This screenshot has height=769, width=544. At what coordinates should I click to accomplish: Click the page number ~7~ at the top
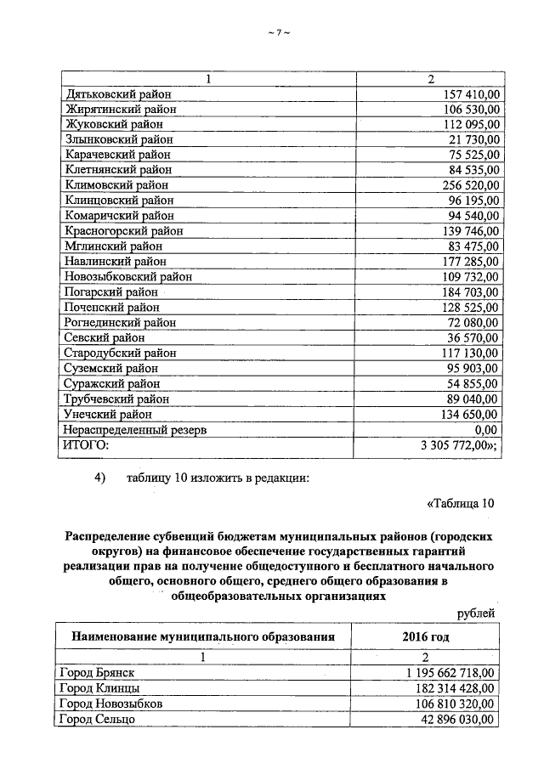[x=279, y=32]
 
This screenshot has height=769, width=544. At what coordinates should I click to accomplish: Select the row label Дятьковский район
[x=117, y=93]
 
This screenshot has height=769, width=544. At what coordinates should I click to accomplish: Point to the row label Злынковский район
[x=118, y=139]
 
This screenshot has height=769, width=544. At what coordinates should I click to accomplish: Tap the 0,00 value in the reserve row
[x=487, y=429]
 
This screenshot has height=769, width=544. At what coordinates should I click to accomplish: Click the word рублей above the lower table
[x=474, y=613]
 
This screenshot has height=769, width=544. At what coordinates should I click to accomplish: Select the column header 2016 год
[x=426, y=636]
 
